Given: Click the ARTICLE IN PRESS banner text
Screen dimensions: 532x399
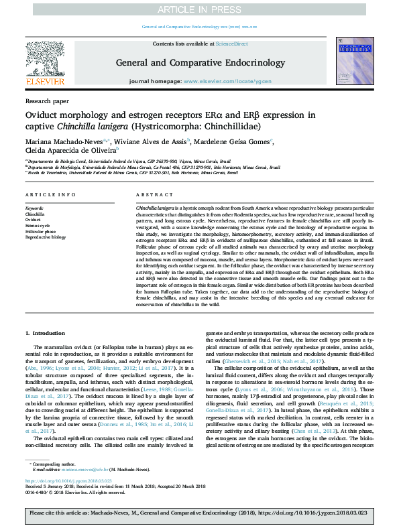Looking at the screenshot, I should pyautogui.click(x=199, y=9).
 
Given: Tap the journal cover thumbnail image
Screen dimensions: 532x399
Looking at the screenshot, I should pyautogui.click(x=354, y=60).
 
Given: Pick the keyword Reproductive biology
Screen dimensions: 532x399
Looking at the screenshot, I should pyautogui.click(x=46, y=237).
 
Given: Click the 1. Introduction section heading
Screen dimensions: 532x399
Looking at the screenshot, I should pyautogui.click(x=46, y=332).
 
